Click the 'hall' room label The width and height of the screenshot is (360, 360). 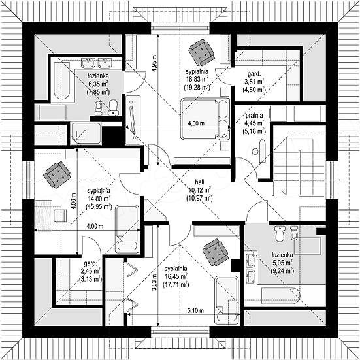click(x=199, y=182)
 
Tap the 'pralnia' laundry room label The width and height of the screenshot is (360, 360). click(x=254, y=115)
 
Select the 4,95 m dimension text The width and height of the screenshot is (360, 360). click(x=154, y=63)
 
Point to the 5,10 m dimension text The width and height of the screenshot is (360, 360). click(x=195, y=311)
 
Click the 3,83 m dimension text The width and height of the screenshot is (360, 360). click(x=154, y=283)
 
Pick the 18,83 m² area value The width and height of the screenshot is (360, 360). click(x=197, y=80)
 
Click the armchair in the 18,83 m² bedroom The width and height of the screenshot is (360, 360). click(x=201, y=52)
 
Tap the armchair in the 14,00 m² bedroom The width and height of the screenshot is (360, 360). click(x=57, y=174)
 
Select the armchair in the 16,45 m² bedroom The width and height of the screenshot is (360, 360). click(x=216, y=253)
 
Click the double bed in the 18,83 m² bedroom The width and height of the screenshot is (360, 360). click(x=205, y=119)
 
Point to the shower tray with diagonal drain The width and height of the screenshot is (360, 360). click(x=86, y=134)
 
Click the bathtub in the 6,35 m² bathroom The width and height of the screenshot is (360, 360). click(x=62, y=80)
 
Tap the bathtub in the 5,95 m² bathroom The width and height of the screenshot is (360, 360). click(x=280, y=296)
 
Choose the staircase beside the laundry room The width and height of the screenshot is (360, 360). click(x=299, y=166)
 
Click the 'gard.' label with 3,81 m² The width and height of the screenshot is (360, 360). click(x=254, y=74)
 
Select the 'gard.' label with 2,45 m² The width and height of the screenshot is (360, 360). click(x=90, y=263)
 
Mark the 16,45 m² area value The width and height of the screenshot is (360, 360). click(x=176, y=276)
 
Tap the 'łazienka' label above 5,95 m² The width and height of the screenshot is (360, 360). click(x=282, y=255)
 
